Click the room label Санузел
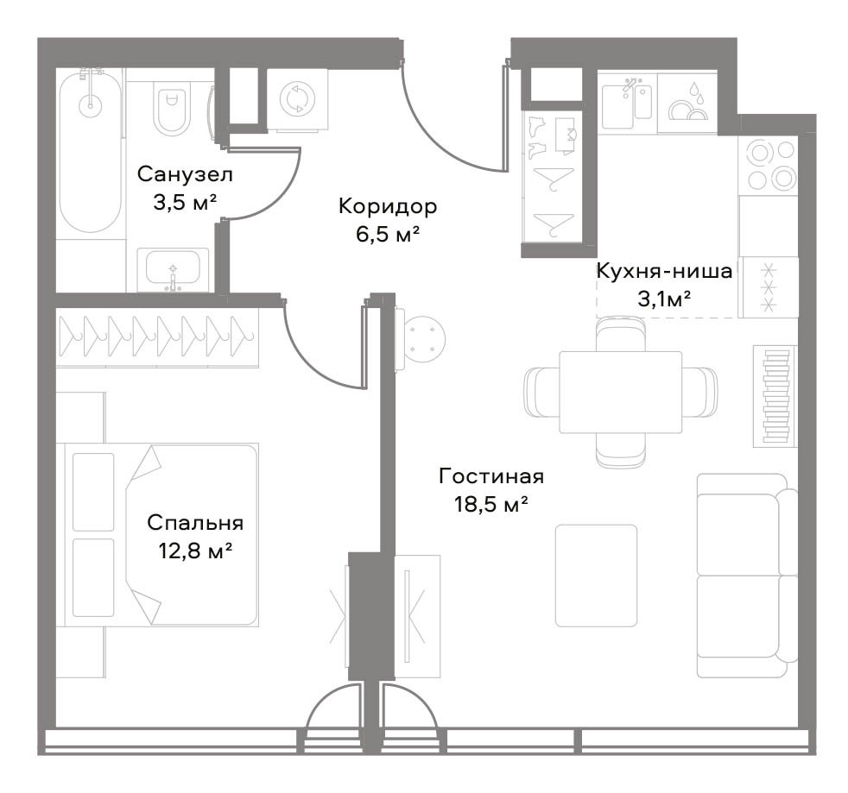click(185, 174)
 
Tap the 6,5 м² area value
click(388, 235)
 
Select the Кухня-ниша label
click(664, 271)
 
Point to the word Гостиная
click(491, 476)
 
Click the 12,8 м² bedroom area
click(195, 551)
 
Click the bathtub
click(90, 150)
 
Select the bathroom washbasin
click(173, 270)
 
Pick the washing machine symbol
click(298, 99)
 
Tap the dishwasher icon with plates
click(687, 103)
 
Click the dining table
click(620, 392)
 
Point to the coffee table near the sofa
click(596, 576)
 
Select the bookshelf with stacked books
click(775, 396)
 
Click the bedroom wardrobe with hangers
click(157, 337)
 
